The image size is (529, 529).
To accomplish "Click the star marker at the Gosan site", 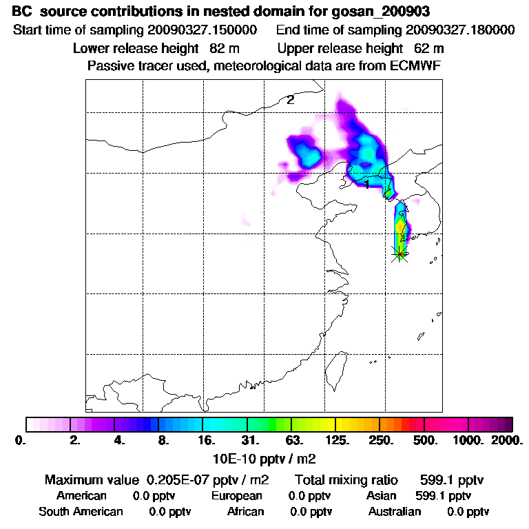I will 399,253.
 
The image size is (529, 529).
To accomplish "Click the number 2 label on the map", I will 291,100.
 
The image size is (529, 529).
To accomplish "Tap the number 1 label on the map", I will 367,185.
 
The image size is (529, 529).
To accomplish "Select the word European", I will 236,496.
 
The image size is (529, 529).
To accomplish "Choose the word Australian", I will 395,512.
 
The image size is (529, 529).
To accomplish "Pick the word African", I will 245,512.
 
